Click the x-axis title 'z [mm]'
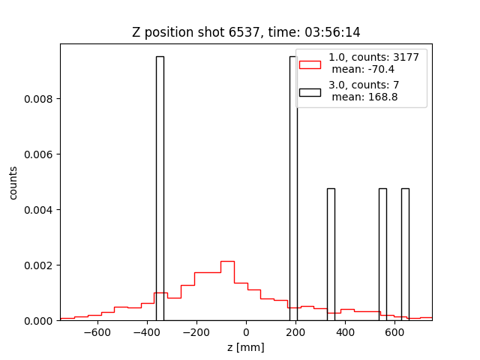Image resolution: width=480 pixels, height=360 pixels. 246,347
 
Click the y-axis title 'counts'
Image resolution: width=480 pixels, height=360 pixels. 13,182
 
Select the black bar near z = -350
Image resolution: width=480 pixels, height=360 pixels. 160,187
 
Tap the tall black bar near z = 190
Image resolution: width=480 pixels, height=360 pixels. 293,187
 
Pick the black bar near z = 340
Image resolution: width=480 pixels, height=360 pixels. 331,254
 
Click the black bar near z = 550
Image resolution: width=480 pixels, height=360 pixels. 382,254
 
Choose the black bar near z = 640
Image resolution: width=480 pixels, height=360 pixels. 405,254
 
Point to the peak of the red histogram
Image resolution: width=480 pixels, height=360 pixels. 227,262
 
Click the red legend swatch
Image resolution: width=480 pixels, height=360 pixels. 310,64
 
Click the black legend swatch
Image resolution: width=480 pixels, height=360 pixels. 310,91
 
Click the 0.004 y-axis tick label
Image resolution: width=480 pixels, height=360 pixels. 41,210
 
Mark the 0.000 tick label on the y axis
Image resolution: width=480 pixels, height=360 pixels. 41,320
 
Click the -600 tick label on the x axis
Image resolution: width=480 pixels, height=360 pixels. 97,333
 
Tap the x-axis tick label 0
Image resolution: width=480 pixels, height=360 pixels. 246,333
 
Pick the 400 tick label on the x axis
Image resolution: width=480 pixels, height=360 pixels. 345,333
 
